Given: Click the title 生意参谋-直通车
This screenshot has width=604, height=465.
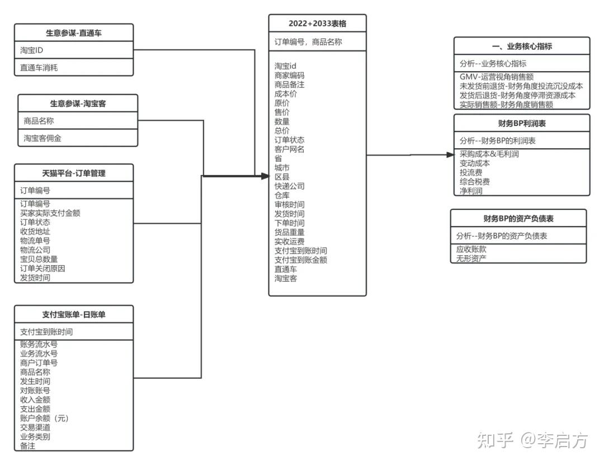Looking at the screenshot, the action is tap(74, 33).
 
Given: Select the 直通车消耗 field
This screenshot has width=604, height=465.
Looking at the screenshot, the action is tap(39, 68).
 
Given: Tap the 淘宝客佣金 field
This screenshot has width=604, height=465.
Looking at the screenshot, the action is tap(43, 138).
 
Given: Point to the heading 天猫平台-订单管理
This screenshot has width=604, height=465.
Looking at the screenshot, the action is tap(74, 173).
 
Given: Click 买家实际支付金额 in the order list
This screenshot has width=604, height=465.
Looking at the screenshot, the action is tap(50, 213).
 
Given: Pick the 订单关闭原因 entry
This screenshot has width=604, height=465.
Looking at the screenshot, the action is tap(43, 269).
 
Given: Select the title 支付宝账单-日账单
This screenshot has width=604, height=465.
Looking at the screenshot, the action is tap(74, 314).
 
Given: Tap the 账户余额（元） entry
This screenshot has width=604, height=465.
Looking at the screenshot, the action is tap(44, 419).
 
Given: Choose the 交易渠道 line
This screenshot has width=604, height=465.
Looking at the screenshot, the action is tap(35, 428).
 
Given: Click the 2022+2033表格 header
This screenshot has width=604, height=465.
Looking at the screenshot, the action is tap(318, 24).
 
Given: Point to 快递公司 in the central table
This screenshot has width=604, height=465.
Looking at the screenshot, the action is tap(289, 186).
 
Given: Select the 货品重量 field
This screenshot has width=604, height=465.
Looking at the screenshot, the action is tap(289, 233).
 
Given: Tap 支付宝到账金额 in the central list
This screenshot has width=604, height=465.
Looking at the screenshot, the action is tap(300, 260).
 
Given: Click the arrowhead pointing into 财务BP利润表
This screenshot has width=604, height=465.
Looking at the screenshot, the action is tap(451, 154).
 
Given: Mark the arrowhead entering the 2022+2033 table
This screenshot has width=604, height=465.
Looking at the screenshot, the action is tap(265, 176).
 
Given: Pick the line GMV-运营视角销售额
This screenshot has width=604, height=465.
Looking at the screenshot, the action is tap(497, 77).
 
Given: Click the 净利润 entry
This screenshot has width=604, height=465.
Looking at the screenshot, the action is tap(471, 191).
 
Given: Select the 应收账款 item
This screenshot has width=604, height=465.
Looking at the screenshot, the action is tap(471, 250).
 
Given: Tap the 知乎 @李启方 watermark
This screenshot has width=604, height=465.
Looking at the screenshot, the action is tap(533, 440).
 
